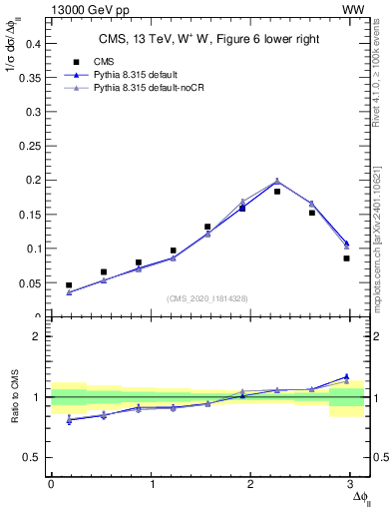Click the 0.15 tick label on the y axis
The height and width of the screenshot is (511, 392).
tap(27, 181)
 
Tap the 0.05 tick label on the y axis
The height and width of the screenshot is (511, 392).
tap(27, 283)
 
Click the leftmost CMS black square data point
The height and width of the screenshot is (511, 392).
tap(69, 285)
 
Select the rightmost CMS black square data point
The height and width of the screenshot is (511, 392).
tap(346, 258)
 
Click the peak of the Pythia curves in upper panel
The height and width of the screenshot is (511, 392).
tap(277, 181)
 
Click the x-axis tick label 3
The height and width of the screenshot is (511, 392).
tap(352, 484)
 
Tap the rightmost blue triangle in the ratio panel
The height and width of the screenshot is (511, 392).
tap(346, 376)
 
